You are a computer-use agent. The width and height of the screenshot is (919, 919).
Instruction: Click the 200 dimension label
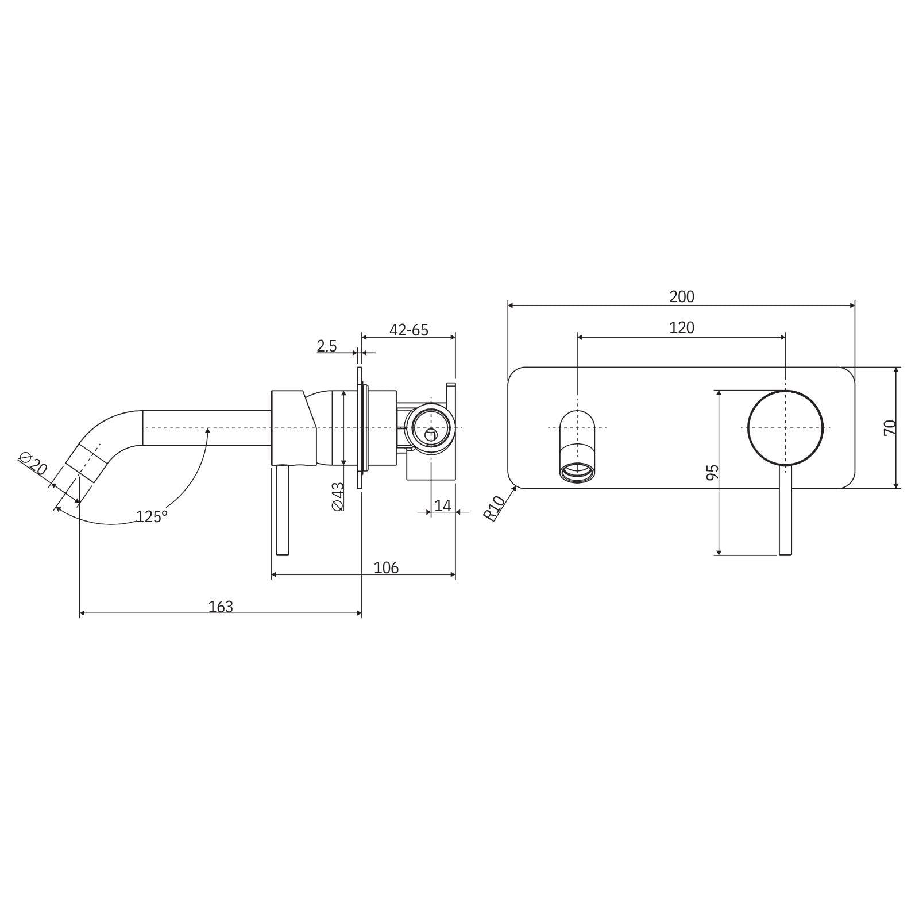click(x=682, y=297)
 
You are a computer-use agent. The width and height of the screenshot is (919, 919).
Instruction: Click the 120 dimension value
click(x=682, y=328)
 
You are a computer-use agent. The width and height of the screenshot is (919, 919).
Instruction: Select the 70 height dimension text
click(x=890, y=427)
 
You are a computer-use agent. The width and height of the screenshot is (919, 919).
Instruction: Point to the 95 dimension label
click(x=712, y=472)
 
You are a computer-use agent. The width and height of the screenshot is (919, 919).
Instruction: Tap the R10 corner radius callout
click(x=495, y=507)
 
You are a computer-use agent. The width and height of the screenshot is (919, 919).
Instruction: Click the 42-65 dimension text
click(x=409, y=330)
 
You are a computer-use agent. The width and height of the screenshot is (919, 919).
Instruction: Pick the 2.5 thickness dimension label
click(x=327, y=346)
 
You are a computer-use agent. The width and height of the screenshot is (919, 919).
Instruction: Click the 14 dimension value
click(x=443, y=506)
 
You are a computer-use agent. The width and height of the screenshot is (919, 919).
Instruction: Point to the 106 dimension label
click(x=386, y=568)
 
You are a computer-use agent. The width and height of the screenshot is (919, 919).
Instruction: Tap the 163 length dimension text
click(x=221, y=607)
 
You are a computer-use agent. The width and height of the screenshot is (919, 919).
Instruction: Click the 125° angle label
click(x=152, y=516)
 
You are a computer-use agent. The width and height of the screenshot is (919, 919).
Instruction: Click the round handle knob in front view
click(x=785, y=428)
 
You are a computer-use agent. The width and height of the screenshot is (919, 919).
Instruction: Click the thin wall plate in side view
click(x=360, y=428)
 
